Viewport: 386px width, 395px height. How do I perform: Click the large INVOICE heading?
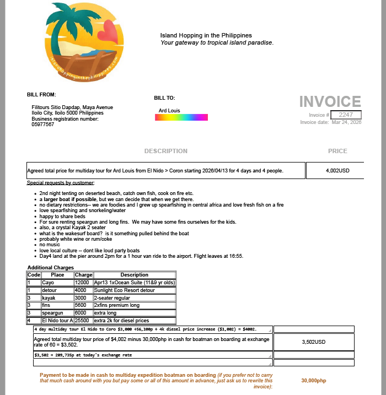click(x=330, y=101)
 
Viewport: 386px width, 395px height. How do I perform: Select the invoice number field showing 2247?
click(x=346, y=115)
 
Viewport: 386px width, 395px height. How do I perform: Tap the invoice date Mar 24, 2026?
click(x=346, y=122)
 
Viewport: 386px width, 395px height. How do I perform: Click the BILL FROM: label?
click(x=41, y=95)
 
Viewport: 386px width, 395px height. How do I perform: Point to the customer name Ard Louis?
click(x=169, y=111)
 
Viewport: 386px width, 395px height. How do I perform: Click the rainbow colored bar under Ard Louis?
click(x=183, y=117)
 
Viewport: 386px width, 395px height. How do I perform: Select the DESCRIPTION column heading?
click(x=165, y=151)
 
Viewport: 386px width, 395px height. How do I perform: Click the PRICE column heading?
click(x=337, y=151)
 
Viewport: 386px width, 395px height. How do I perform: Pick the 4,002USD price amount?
click(x=337, y=171)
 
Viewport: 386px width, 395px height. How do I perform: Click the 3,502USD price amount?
click(x=314, y=342)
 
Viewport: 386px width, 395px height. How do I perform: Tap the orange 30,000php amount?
click(x=314, y=381)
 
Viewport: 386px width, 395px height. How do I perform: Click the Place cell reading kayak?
click(x=49, y=298)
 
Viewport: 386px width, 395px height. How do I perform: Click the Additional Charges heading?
click(x=51, y=268)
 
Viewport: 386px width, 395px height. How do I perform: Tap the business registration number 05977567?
click(x=43, y=125)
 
